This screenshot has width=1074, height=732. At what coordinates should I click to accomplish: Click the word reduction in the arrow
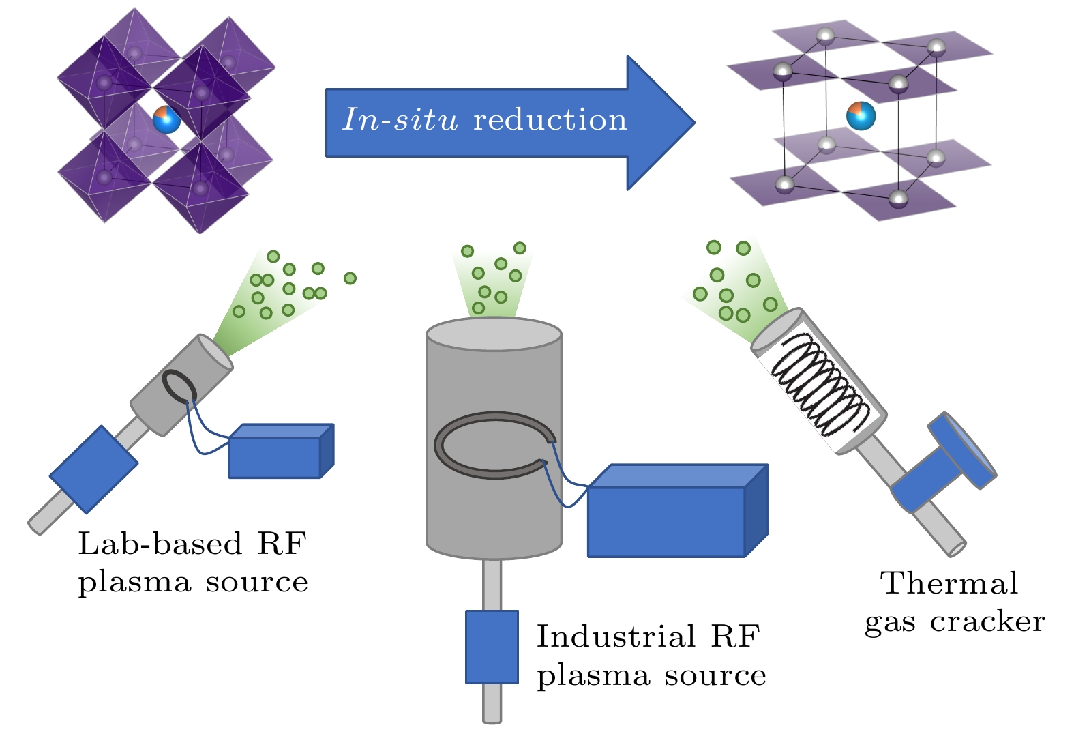pos(550,120)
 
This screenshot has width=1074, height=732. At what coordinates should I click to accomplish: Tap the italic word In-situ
pos(400,120)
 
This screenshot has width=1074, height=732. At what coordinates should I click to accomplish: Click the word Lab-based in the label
pos(160,544)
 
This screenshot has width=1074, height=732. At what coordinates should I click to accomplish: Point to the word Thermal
pos(949,583)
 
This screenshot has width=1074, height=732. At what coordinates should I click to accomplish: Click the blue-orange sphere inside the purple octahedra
pos(166,120)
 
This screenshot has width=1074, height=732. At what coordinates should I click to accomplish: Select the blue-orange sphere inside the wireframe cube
pos(861,115)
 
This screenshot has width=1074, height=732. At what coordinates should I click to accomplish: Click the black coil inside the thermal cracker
pos(820,385)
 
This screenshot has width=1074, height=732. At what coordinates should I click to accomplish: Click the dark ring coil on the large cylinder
pos(494,445)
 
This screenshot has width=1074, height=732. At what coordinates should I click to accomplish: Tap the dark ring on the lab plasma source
pos(179,386)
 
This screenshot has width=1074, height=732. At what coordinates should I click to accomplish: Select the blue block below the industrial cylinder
pos(492,647)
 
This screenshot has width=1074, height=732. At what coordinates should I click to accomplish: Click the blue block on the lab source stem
pos(94,469)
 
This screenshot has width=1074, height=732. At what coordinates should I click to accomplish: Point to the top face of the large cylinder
pos(494,334)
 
